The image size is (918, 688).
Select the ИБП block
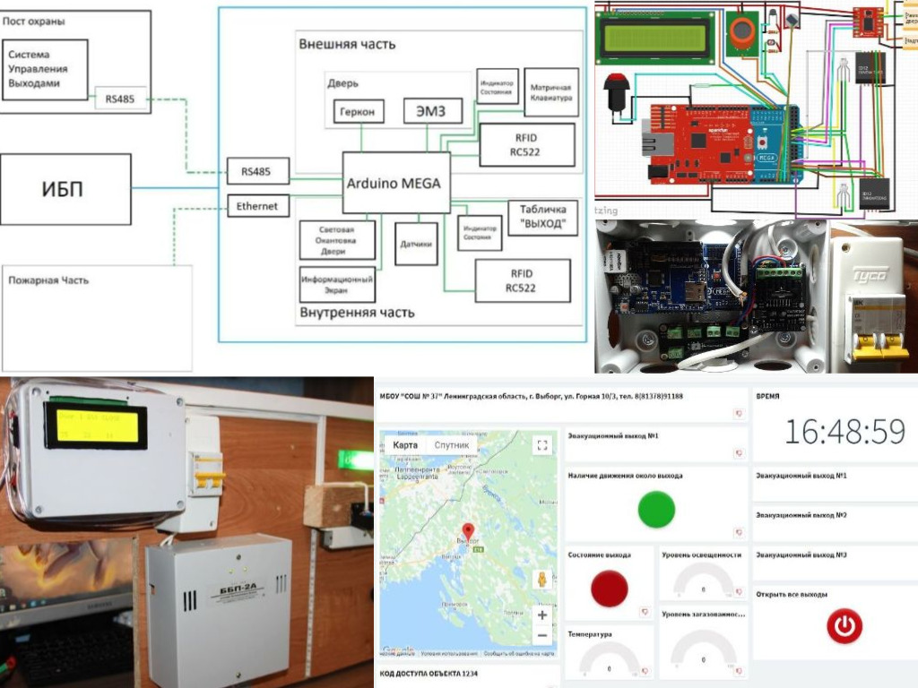pos(65,188)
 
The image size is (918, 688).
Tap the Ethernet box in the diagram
pos(257,206)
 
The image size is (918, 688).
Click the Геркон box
pos(359,112)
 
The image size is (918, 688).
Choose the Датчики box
pos(416,243)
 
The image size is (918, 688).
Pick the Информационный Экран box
pos(337,285)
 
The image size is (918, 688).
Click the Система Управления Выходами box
pos(45,69)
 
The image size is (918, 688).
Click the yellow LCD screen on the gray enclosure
pos(98,426)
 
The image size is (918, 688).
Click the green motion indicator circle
pos(656,510)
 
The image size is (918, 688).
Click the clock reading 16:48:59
pos(844,432)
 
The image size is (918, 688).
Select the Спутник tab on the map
pos(451,445)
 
